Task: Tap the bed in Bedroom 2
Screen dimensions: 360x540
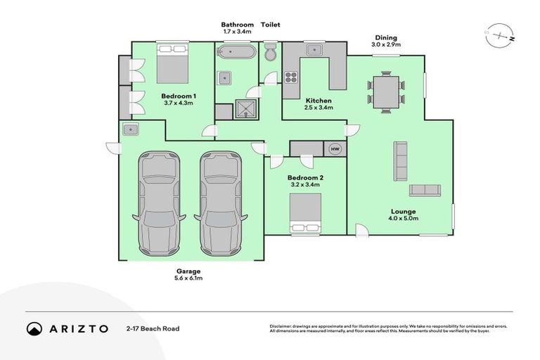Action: click(x=306, y=212)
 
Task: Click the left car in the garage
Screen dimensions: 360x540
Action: click(x=158, y=202)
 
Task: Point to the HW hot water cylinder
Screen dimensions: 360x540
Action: click(x=335, y=148)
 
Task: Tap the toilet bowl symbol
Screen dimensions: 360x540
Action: click(x=271, y=53)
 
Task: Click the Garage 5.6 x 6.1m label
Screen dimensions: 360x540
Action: click(x=188, y=274)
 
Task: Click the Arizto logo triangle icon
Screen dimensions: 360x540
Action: click(x=34, y=328)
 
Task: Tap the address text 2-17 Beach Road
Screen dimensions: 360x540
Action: click(x=153, y=328)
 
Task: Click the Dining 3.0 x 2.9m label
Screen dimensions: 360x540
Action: click(x=385, y=41)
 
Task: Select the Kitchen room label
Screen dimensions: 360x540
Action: click(x=318, y=104)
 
